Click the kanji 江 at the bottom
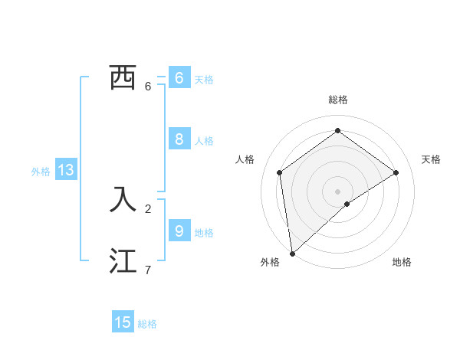[123, 261]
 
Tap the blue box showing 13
[66, 170]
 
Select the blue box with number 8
[179, 139]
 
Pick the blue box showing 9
[179, 231]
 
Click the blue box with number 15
[123, 322]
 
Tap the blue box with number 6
[179, 77]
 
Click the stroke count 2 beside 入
[148, 208]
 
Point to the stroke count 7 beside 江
[148, 270]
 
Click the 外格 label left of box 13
[41, 172]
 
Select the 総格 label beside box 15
[147, 324]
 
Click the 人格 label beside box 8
[204, 141]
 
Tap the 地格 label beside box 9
[204, 233]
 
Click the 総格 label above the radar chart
[337, 100]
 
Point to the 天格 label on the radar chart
[432, 159]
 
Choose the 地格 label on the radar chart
[402, 262]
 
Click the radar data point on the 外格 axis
[292, 253]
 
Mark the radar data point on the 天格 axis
[396, 172]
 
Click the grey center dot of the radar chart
[337, 191]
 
